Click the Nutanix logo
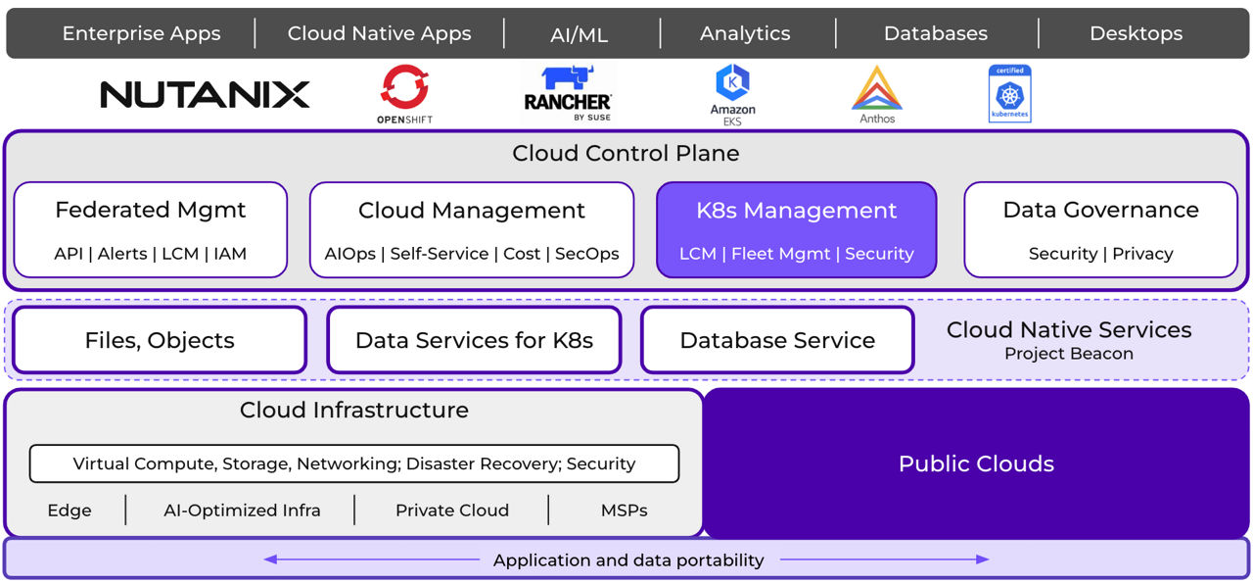pyautogui.click(x=205, y=95)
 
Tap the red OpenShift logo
pyautogui.click(x=404, y=88)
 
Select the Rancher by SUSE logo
pyautogui.click(x=568, y=94)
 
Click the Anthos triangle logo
pyautogui.click(x=877, y=89)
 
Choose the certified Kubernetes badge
pyautogui.click(x=1009, y=94)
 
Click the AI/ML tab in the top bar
pyautogui.click(x=580, y=34)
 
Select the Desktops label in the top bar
pyautogui.click(x=1136, y=33)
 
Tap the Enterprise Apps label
pyautogui.click(x=141, y=33)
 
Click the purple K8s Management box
pyautogui.click(x=796, y=229)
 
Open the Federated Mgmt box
pyautogui.click(x=151, y=229)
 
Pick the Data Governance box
pyautogui.click(x=1100, y=229)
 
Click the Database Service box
pyautogui.click(x=777, y=340)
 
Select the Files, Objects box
pyautogui.click(x=160, y=340)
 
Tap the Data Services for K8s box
pyautogui.click(x=474, y=340)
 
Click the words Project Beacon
pyautogui.click(x=1069, y=354)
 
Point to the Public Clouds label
pyautogui.click(x=976, y=463)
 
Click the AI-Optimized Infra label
pyautogui.click(x=242, y=511)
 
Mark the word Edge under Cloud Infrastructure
pyautogui.click(x=70, y=511)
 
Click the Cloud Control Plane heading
pyautogui.click(x=626, y=154)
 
